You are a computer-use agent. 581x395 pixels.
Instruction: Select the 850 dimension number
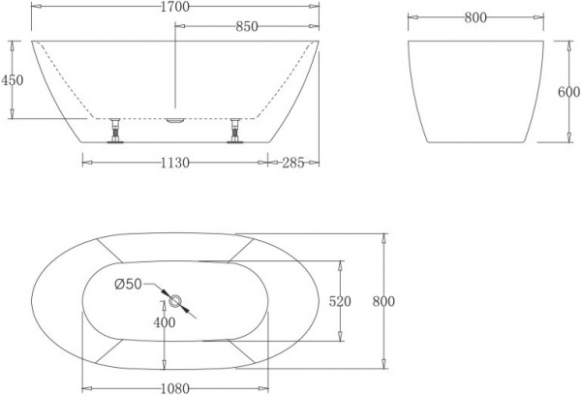tap(246, 26)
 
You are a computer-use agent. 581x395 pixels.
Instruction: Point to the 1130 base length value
tap(174, 162)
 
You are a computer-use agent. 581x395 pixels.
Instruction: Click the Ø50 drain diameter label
tap(129, 285)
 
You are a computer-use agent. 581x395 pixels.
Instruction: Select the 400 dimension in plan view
tap(166, 321)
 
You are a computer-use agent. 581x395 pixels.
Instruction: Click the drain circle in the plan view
tap(172, 300)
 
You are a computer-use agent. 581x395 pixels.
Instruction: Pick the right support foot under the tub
tap(235, 130)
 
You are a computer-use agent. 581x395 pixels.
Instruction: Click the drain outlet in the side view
tap(175, 120)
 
